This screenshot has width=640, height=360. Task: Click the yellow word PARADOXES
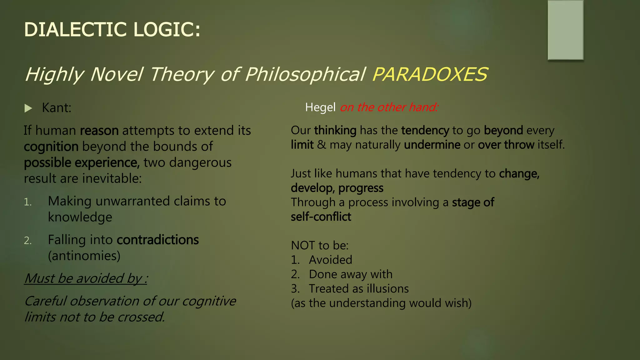[x=430, y=75]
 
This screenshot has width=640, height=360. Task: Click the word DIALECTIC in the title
[x=75, y=30]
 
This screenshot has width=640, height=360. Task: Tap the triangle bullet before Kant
[x=28, y=108]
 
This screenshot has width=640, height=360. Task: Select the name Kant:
[x=57, y=108]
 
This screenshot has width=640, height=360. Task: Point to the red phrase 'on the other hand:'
[x=389, y=107]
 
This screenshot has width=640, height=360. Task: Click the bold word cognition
[x=51, y=147]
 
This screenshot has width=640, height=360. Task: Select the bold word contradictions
[x=157, y=240]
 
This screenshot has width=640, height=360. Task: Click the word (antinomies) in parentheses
[x=84, y=256]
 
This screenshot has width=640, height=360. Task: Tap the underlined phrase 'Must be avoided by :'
[x=86, y=278]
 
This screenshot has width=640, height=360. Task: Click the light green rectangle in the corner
[x=565, y=30]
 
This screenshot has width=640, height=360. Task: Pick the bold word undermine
[x=432, y=145]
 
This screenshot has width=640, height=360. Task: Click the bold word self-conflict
[x=321, y=217]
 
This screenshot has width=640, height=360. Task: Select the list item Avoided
[x=330, y=260]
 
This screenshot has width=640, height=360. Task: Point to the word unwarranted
[x=133, y=201]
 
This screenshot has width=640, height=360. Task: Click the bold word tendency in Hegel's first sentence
[x=425, y=130]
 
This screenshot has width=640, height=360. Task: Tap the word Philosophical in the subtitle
[x=305, y=75]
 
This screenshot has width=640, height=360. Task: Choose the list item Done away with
[x=350, y=274]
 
